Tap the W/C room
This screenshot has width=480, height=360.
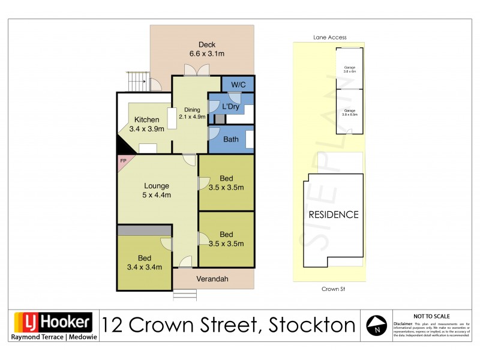[238, 85]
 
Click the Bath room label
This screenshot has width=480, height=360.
[230, 139]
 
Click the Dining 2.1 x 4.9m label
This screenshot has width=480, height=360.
[192, 113]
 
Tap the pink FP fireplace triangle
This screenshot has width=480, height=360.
[124, 161]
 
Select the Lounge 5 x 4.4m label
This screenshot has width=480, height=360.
[156, 190]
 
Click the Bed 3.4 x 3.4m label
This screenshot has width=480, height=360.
[144, 263]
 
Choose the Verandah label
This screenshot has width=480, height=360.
[213, 278]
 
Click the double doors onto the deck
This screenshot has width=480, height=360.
[197, 70]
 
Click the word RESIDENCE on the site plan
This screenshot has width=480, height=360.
[333, 214]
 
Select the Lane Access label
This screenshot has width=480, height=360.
[330, 37]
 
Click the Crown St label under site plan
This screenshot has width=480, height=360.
[330, 289]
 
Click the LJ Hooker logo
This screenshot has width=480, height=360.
[53, 323]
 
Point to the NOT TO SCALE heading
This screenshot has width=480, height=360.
[432, 316]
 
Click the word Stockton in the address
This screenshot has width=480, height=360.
[312, 325]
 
